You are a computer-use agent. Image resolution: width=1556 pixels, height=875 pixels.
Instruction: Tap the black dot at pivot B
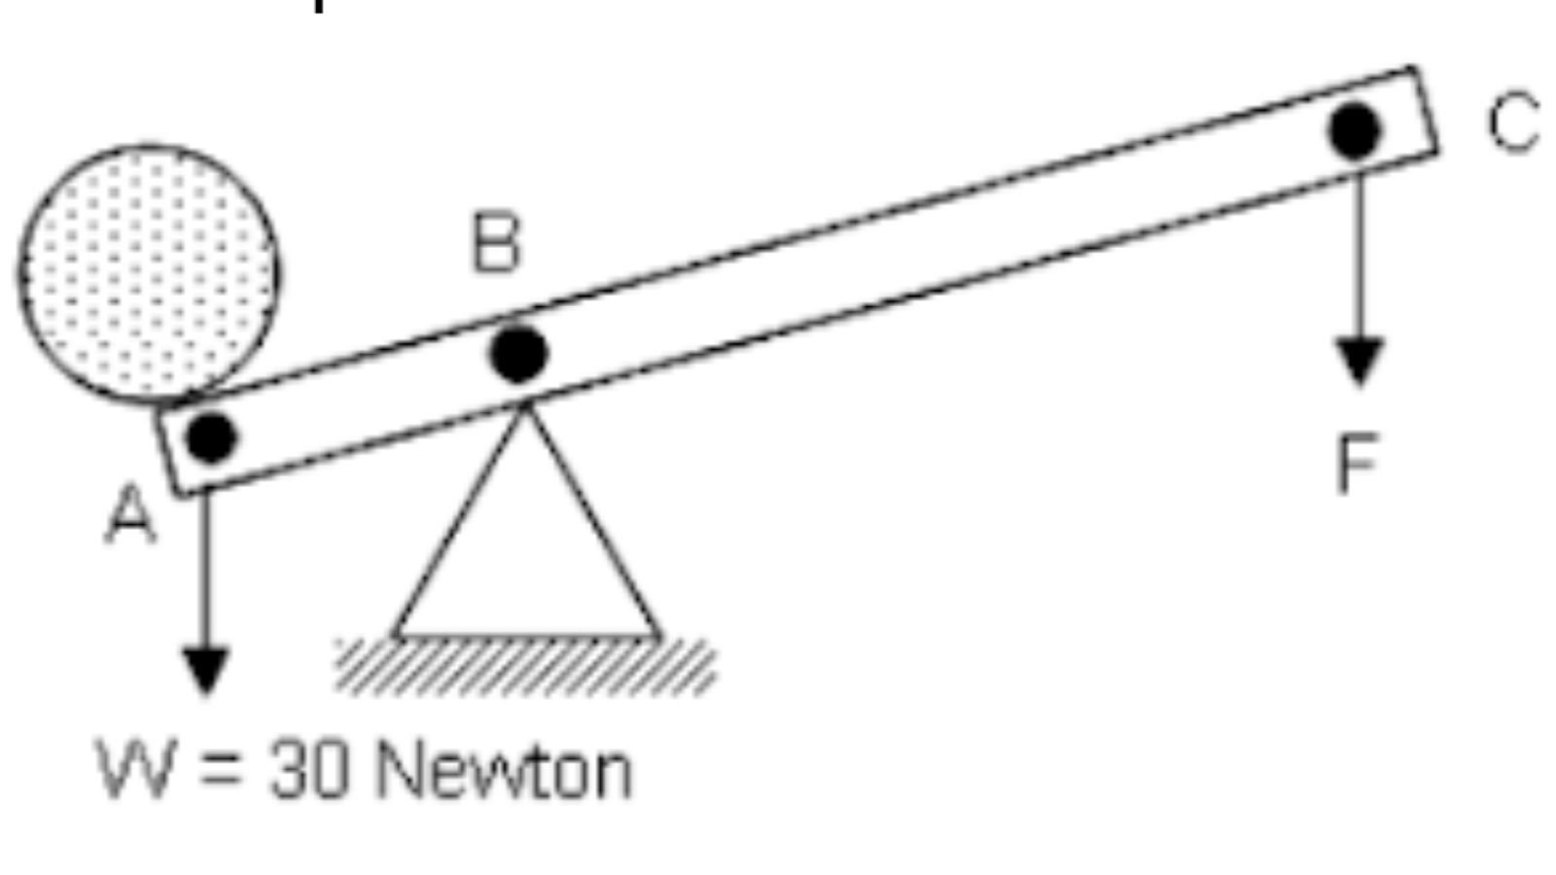518,353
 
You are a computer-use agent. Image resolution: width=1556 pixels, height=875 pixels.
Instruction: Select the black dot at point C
1355,130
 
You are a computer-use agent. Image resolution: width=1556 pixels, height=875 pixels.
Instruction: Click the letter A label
129,514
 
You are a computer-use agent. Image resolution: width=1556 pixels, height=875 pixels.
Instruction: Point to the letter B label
495,242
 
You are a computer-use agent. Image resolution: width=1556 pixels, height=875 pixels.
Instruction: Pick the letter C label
1513,122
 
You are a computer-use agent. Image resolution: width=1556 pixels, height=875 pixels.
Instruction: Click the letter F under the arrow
1358,465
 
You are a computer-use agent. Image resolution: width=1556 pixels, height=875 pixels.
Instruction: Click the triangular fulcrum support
526,564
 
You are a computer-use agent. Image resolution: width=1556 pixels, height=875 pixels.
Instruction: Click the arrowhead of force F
1359,361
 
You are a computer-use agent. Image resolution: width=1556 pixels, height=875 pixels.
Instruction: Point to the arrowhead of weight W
205,670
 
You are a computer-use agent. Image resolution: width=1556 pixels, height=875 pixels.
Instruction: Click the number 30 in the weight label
308,771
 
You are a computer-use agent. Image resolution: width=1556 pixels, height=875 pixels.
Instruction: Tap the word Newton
504,771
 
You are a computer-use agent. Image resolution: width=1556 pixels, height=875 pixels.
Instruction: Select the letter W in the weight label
136,769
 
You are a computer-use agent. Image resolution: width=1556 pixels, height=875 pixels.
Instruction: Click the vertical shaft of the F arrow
1359,253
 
